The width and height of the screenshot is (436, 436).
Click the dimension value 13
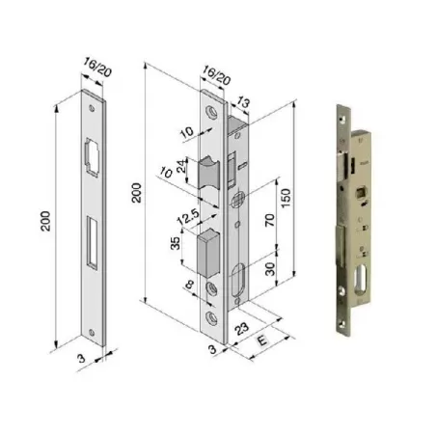coord(243,102)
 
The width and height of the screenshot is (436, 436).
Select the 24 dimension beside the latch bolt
coord(182,166)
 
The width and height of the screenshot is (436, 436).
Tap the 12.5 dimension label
coord(188,217)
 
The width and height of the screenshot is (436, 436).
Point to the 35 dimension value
coord(176,243)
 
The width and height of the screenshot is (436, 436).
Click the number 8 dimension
coord(190,285)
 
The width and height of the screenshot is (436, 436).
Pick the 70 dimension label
coord(270,220)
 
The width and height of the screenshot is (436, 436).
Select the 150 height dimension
coord(286,198)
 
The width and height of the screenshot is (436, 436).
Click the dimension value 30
coord(270,269)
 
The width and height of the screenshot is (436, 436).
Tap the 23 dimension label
coord(241,329)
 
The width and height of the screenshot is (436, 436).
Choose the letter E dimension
coord(262,340)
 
